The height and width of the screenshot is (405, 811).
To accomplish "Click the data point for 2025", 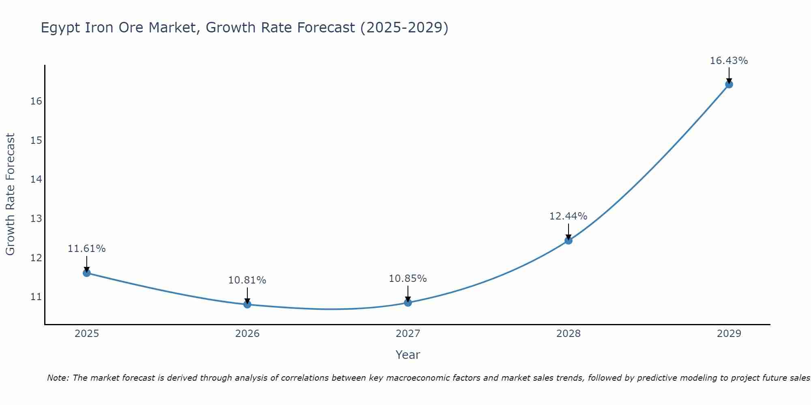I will (x=87, y=273).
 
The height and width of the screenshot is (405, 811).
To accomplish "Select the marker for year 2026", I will (x=247, y=304).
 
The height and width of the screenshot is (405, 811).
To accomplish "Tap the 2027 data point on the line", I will (x=408, y=303).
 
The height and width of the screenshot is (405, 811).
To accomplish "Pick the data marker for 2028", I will (x=569, y=241).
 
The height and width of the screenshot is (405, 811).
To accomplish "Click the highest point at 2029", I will (x=729, y=84).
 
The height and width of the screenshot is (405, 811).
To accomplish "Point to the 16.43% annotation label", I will (x=729, y=61).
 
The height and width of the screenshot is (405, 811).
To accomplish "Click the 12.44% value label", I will (x=568, y=216).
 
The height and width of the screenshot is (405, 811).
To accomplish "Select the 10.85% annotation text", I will (x=408, y=279).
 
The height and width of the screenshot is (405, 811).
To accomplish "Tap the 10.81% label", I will (x=247, y=280).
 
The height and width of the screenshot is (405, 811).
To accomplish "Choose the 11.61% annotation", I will (x=86, y=249).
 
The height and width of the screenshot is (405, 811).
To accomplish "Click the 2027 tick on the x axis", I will (x=408, y=334).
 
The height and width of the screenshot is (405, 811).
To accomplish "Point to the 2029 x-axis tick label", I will (x=729, y=334).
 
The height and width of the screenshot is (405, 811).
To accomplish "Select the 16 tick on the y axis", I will (x=36, y=101).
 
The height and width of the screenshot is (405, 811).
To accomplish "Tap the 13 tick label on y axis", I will (x=36, y=219).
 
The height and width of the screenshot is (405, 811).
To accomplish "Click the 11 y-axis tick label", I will (x=36, y=297).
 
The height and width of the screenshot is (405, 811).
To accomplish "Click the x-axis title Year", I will (x=408, y=355).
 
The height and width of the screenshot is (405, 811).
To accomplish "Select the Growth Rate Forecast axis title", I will (x=10, y=194).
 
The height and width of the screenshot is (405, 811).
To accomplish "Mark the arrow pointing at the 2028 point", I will (x=569, y=232).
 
